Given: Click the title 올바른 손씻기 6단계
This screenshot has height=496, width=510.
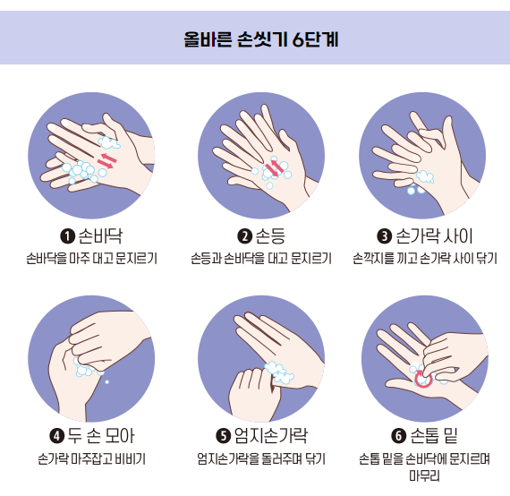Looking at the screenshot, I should pos(254,40).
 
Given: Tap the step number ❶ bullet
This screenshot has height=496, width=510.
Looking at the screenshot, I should pos(66,237).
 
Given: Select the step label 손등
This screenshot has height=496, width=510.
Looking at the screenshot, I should pos(269,236).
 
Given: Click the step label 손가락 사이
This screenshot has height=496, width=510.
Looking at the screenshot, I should pos(434,236).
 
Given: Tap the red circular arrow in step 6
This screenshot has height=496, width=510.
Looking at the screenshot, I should pos(424,379).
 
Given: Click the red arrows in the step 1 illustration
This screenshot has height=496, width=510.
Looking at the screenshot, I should pos(107,159).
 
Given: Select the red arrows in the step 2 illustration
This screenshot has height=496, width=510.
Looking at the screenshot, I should pos(276,167).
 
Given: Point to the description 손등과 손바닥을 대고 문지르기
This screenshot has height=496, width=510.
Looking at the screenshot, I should pos(260,260).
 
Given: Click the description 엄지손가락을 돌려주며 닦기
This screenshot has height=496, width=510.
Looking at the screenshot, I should pos(260,459).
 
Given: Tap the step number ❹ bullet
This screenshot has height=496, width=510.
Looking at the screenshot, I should pos(56,437).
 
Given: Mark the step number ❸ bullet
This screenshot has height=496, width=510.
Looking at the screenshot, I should pos(385,237).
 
